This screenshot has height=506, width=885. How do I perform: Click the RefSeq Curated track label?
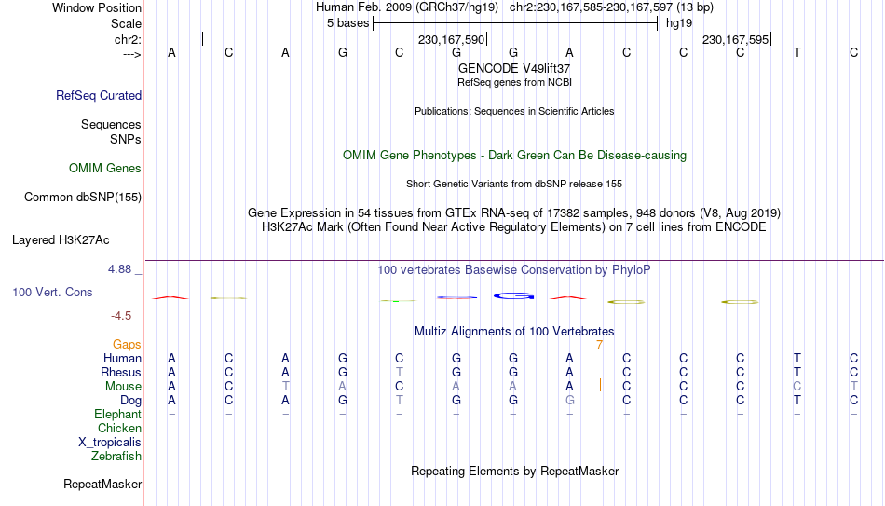click(99, 95)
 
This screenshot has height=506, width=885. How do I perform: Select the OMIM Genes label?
click(105, 169)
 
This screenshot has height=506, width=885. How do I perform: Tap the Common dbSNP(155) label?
click(83, 198)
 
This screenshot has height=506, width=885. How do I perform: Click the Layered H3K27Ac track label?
click(61, 240)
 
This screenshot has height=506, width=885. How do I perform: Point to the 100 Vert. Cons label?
click(52, 292)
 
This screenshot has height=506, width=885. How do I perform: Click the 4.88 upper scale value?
click(119, 269)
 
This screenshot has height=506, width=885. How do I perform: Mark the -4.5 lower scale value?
click(121, 316)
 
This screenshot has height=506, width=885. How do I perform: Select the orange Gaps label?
click(127, 345)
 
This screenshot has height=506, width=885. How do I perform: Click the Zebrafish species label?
click(116, 457)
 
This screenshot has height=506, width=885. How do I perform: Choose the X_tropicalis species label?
click(110, 443)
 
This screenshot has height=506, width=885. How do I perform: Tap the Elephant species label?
click(118, 415)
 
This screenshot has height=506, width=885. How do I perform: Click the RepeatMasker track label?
click(102, 484)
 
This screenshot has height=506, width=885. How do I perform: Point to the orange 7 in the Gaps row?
click(599, 345)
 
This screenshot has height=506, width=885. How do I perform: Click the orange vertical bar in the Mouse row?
click(600, 385)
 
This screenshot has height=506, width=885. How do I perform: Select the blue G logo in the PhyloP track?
click(513, 296)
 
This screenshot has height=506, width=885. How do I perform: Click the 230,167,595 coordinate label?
click(735, 39)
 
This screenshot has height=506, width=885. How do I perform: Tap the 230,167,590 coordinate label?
click(452, 39)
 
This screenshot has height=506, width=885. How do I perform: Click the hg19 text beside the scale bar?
click(679, 23)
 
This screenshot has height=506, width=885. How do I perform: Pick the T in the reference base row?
click(796, 52)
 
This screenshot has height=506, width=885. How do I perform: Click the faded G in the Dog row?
click(570, 401)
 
